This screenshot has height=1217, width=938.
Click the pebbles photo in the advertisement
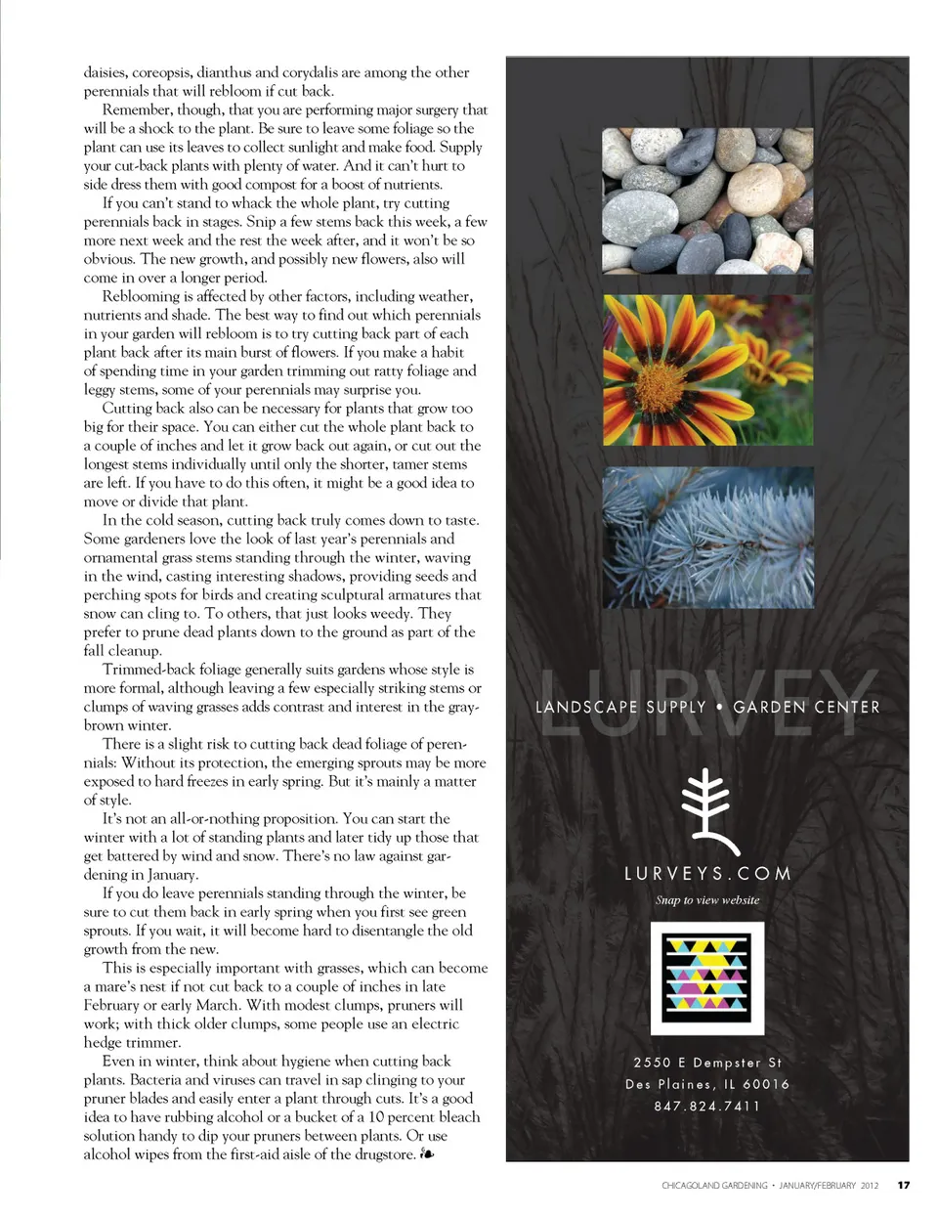pyautogui.click(x=707, y=201)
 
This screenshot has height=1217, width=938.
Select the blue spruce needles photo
pyautogui.click(x=707, y=537)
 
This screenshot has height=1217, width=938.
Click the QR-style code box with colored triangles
pyautogui.click(x=707, y=978)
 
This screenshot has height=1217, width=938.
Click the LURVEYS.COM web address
pyautogui.click(x=707, y=874)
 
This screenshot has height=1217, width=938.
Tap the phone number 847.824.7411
pyautogui.click(x=707, y=1106)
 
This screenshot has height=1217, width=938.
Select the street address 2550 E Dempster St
pyautogui.click(x=707, y=1063)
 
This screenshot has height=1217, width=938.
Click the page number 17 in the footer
pyautogui.click(x=904, y=1186)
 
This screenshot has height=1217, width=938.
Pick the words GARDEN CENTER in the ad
pyautogui.click(x=806, y=707)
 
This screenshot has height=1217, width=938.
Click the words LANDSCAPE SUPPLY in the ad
pyautogui.click(x=620, y=707)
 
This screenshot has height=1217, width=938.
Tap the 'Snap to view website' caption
pyautogui.click(x=707, y=900)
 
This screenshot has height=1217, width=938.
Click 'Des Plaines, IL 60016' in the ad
pyautogui.click(x=707, y=1084)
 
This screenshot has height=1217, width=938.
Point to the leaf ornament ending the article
pyautogui.click(x=426, y=1154)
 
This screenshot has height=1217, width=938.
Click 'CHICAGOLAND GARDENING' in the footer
pyautogui.click(x=714, y=1186)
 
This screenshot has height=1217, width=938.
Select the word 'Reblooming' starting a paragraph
pyautogui.click(x=140, y=296)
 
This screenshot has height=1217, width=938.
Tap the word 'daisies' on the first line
pyautogui.click(x=105, y=72)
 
